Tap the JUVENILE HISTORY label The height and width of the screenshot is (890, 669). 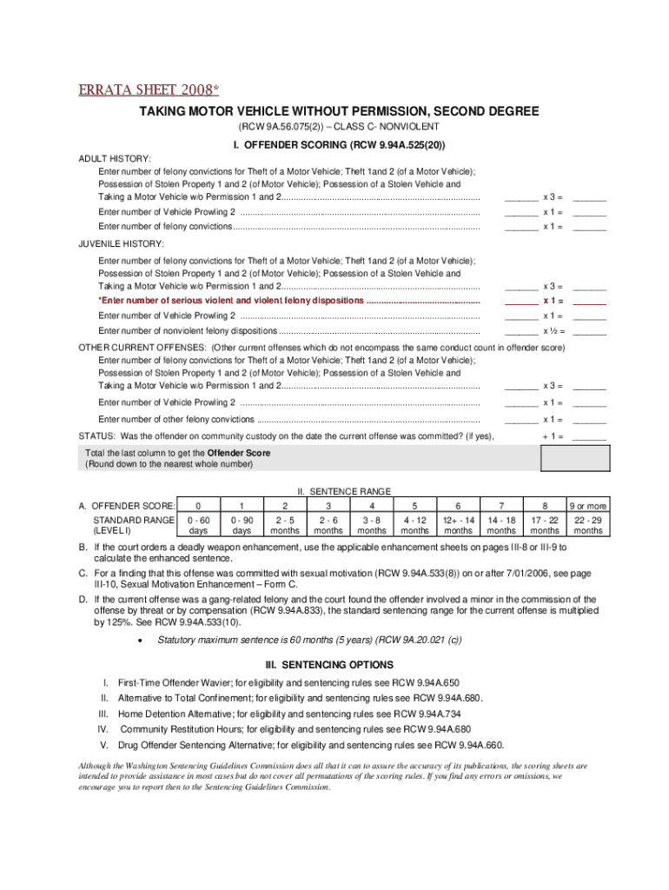point(121,242)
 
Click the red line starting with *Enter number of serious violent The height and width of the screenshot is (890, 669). point(288,300)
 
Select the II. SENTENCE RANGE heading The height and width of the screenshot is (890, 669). point(344,491)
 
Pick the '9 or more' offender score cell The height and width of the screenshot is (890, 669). point(588,506)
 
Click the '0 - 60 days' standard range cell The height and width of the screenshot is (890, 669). point(199,525)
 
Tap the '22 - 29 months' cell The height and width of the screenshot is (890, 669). point(588,525)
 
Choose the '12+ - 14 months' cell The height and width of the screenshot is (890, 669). point(458,525)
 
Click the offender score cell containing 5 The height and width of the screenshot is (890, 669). point(415,506)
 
